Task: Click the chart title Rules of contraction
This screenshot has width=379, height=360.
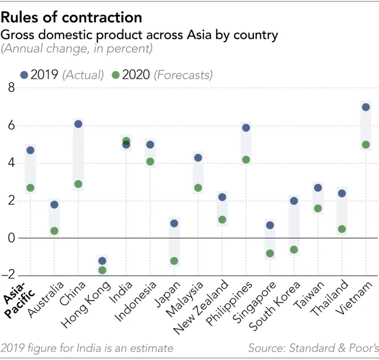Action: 72,18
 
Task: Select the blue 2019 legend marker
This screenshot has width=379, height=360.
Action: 24,75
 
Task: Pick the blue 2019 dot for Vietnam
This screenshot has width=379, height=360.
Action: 366,107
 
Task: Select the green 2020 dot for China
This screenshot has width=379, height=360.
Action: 78,184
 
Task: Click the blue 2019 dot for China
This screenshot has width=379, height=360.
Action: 78,124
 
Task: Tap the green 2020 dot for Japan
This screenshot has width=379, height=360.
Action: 173,261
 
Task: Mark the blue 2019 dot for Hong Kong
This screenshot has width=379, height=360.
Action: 102,261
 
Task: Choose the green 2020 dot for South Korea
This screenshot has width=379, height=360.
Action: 294,250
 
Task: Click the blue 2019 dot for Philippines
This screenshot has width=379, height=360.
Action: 246,128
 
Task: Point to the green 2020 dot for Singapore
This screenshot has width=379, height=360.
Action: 270,254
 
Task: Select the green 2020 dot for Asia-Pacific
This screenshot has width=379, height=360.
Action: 30,188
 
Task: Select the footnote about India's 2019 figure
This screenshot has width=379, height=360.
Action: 87,348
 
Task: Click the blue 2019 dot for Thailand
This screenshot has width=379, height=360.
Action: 342,194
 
